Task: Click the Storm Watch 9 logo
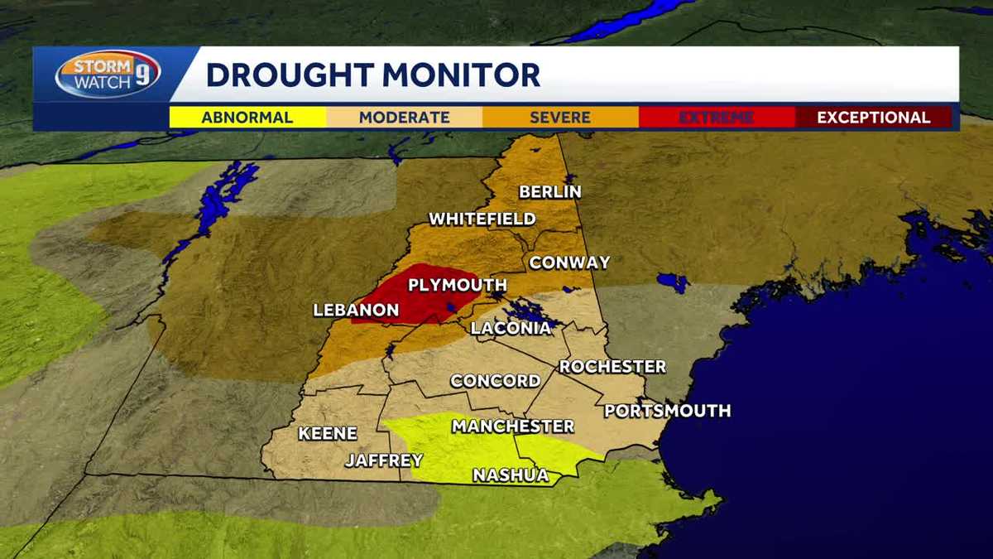(108, 75)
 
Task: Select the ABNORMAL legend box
(247, 118)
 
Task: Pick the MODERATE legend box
(404, 118)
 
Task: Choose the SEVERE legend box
(560, 118)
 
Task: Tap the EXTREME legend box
(717, 118)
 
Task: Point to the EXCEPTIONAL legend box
(873, 118)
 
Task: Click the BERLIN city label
(550, 192)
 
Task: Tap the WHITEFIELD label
(482, 219)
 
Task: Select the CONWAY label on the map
(569, 263)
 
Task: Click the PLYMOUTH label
(458, 286)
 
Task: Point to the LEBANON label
(356, 311)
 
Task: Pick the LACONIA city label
(511, 328)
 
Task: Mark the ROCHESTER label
(612, 366)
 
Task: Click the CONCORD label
(495, 381)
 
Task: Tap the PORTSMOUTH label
(667, 411)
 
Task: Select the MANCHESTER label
(512, 426)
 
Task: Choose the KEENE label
(328, 433)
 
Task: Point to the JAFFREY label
(384, 460)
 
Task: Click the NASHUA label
(511, 475)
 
